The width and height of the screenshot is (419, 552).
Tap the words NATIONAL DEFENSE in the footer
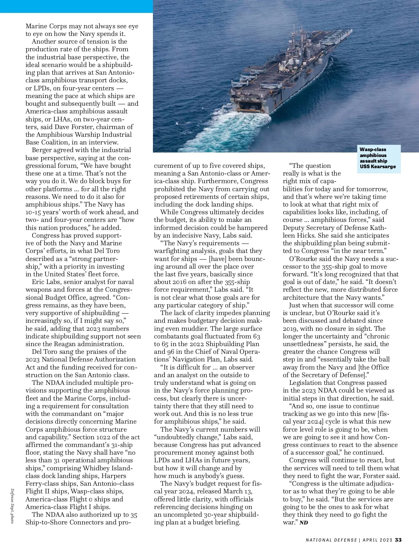(x=331, y=540)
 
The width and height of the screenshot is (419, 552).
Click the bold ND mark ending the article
(x=304, y=523)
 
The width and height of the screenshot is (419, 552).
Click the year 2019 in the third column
(x=290, y=328)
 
